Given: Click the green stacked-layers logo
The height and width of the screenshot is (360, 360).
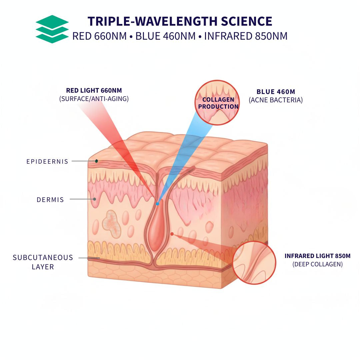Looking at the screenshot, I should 52,29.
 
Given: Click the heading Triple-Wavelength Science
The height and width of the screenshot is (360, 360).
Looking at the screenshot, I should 180,21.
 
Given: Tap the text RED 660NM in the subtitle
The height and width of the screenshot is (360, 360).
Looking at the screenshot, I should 99,36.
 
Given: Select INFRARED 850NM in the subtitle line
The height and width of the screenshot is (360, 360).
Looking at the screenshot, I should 246,36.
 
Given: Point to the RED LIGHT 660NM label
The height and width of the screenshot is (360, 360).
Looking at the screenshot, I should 94,90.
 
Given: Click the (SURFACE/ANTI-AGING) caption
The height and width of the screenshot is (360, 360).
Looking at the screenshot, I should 94,99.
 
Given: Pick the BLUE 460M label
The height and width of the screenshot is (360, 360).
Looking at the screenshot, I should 276,92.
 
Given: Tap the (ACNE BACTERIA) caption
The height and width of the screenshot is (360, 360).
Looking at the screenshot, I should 276,100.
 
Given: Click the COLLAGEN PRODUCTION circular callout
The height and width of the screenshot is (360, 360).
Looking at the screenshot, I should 217,103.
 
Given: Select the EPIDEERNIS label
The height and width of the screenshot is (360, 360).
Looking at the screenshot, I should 47,162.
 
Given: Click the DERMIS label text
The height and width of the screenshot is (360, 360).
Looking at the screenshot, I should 50,200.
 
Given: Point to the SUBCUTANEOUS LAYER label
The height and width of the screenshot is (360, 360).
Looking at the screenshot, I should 43,262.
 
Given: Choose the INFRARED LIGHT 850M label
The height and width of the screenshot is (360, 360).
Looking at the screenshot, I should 317,256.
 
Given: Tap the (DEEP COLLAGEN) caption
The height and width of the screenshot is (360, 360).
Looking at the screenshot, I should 317,265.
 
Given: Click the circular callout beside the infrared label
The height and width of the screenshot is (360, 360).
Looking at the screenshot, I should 254,263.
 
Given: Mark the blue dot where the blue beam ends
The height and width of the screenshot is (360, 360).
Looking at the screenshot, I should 157,203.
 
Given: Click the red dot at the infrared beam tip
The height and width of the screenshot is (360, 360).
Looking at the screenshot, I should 172,234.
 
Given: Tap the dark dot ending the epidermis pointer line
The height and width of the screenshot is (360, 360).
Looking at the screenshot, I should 96,161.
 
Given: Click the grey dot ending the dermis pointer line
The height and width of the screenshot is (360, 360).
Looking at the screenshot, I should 95,199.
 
